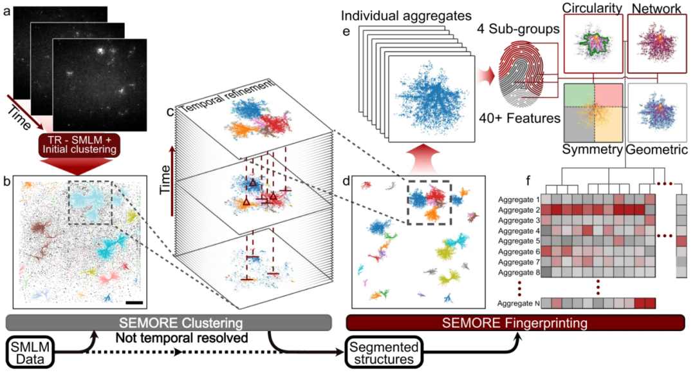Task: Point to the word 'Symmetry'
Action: click(x=591, y=150)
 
